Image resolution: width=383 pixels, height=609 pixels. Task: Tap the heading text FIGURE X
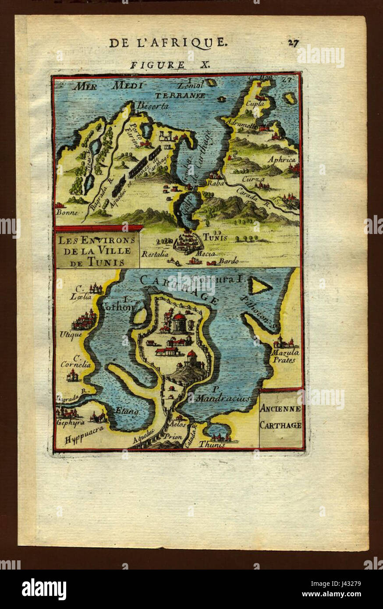[x=170, y=64]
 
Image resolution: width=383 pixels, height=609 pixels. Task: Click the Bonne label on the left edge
[x=67, y=212]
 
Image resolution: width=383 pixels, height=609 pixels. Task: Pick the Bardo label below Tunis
[x=229, y=261]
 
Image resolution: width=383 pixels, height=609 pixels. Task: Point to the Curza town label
[x=254, y=179]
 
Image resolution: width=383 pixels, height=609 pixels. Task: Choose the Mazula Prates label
[x=284, y=356]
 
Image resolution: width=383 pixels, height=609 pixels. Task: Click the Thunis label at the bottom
[x=212, y=444]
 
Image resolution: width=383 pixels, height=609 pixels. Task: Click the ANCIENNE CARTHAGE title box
[x=280, y=418]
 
